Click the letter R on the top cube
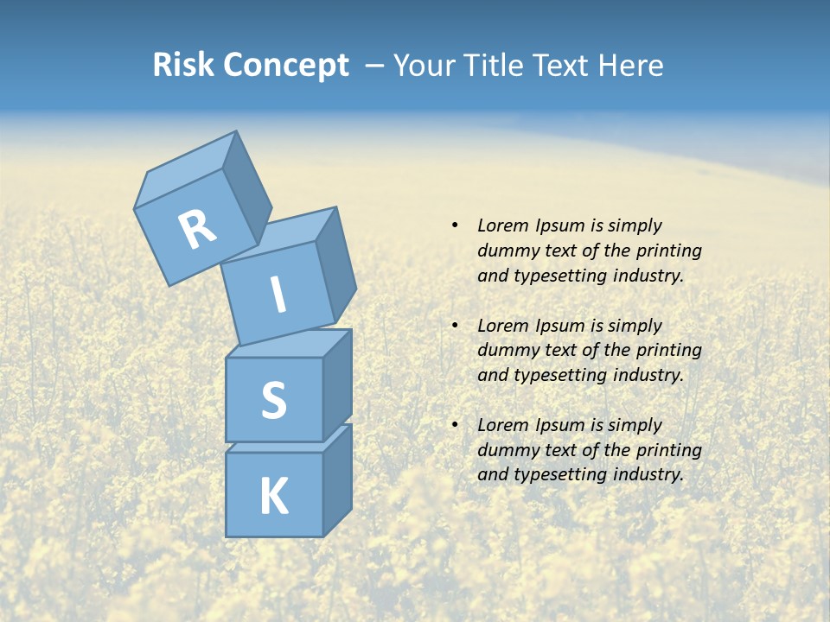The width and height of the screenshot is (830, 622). click(197, 230)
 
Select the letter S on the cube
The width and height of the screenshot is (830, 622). click(273, 400)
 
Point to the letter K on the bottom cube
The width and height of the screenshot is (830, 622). click(273, 496)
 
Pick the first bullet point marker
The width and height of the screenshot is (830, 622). click(454, 225)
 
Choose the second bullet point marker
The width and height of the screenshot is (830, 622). click(454, 326)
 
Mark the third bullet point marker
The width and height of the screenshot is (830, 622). click(454, 425)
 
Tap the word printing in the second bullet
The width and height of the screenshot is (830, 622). click(668, 351)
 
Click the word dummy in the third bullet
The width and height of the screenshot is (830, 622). click(505, 450)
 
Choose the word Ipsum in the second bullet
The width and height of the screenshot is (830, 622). click(558, 326)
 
